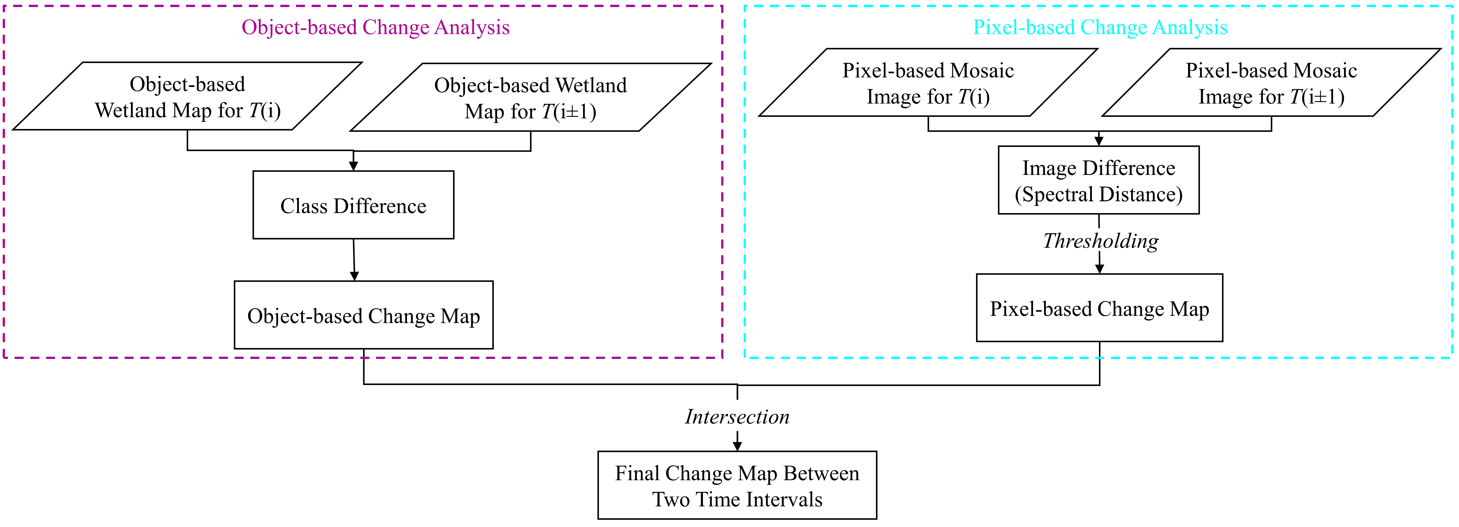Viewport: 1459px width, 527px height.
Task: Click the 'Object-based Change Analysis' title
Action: pyautogui.click(x=376, y=27)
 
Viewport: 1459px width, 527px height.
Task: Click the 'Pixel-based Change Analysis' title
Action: pyautogui.click(x=1100, y=27)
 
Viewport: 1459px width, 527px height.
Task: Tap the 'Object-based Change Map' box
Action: pyautogui.click(x=364, y=315)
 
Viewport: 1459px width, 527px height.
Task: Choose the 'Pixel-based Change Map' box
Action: pyautogui.click(x=1099, y=309)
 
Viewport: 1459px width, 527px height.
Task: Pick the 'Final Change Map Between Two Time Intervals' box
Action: pyautogui.click(x=737, y=486)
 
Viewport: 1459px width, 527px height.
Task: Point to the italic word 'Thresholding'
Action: pyautogui.click(x=1100, y=241)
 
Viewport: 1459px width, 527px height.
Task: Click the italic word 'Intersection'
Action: pyautogui.click(x=737, y=417)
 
